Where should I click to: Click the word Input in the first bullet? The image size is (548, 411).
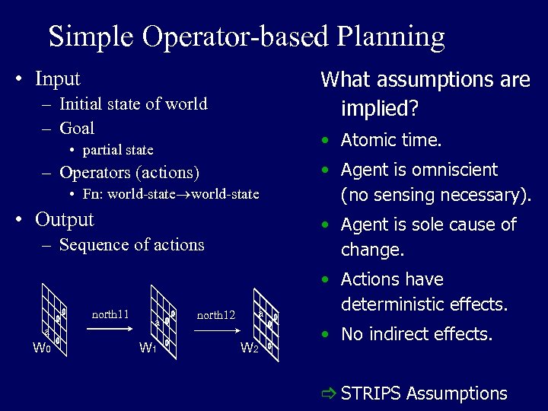[58, 78]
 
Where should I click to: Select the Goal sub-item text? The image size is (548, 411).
[77, 128]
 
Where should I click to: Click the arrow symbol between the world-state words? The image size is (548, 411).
[187, 195]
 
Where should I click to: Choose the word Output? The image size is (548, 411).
[65, 220]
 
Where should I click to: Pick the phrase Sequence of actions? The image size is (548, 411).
[132, 245]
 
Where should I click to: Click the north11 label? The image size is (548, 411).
[110, 314]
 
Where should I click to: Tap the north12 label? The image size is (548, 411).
[216, 314]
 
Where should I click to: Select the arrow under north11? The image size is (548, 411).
[110, 330]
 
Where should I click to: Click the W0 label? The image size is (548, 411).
[41, 349]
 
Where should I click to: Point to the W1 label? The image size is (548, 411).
[148, 349]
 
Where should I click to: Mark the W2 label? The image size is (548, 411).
[250, 349]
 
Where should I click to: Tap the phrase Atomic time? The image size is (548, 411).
[391, 140]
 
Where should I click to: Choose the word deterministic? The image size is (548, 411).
[407, 304]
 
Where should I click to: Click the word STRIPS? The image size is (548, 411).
[371, 393]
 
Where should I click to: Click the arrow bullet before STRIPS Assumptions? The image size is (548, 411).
[328, 393]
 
